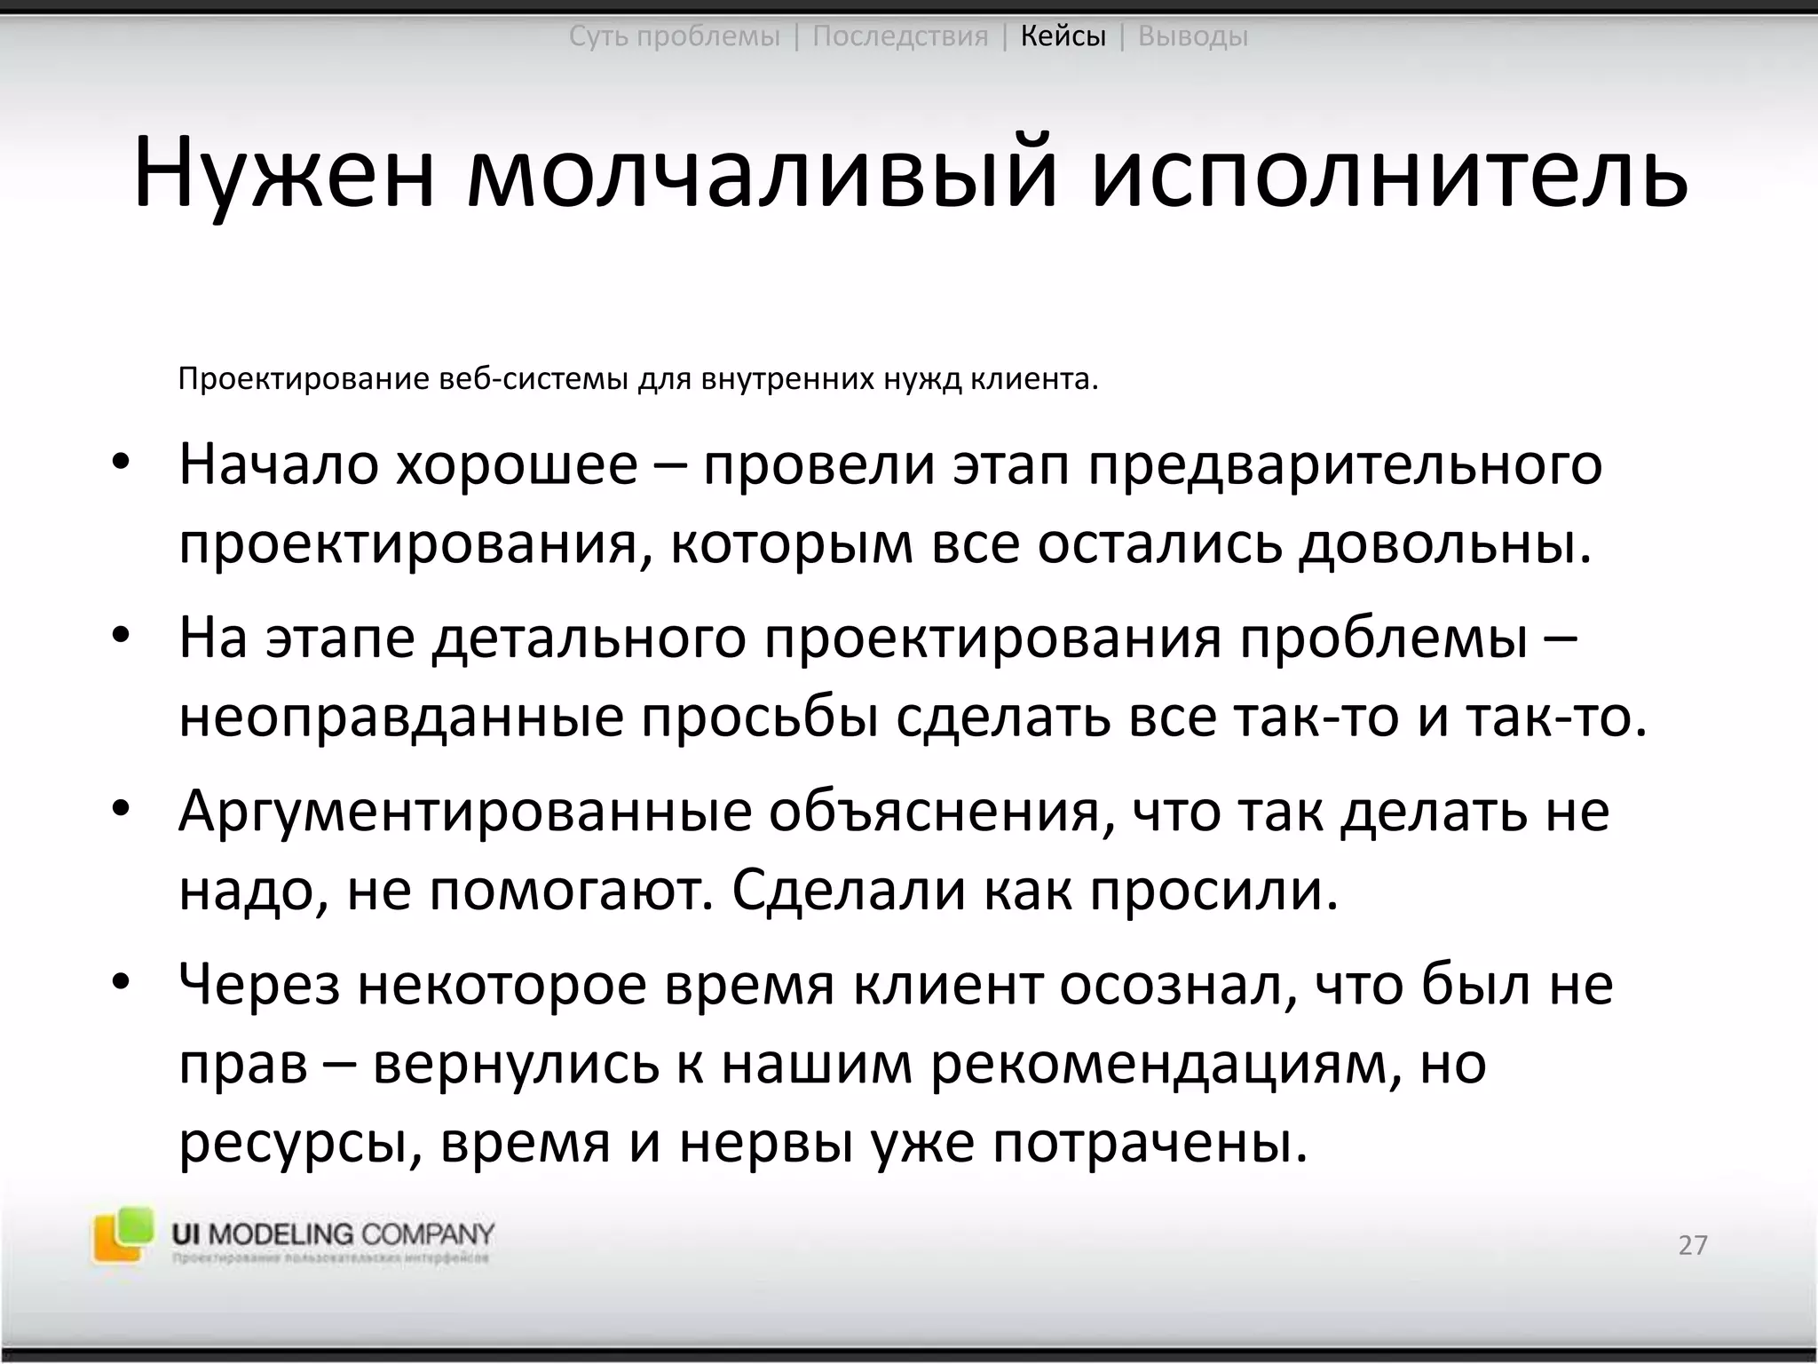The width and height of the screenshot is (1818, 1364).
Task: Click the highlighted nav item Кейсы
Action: point(1063,36)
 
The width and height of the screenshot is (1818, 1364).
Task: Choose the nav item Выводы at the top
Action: point(1192,36)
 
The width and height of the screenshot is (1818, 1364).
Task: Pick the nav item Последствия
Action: point(900,36)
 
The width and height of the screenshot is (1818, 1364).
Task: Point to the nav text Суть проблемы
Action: point(674,36)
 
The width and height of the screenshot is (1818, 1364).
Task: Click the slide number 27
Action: point(1693,1245)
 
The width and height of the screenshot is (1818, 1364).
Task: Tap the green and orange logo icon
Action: point(123,1234)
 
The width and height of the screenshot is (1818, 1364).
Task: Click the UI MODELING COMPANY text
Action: point(333,1233)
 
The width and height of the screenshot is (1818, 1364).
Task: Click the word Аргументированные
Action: point(465,812)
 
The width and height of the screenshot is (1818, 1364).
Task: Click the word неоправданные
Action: point(401,718)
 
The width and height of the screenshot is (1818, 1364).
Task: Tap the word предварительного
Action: point(1346,465)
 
